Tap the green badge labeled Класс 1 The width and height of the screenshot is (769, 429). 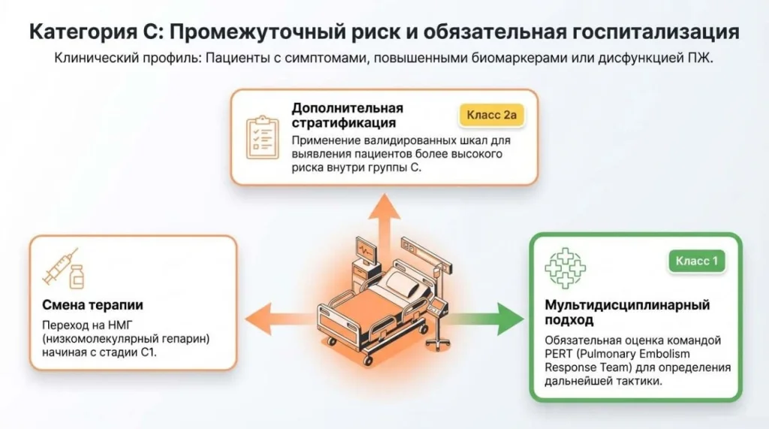pyautogui.click(x=697, y=261)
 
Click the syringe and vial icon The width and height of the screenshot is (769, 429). pyautogui.click(x=64, y=267)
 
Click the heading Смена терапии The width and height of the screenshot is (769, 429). pyautogui.click(x=92, y=305)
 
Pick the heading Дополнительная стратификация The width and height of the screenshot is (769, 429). pyautogui.click(x=347, y=115)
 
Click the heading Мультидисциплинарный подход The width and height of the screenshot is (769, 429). pyautogui.click(x=627, y=312)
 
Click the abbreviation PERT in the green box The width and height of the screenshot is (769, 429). pyautogui.click(x=560, y=353)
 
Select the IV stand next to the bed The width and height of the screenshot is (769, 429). pyautogui.click(x=434, y=301)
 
